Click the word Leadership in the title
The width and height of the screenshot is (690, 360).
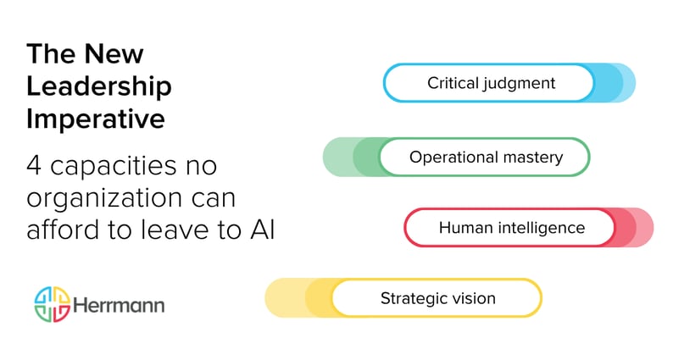99,86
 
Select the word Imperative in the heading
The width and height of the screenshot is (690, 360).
96,118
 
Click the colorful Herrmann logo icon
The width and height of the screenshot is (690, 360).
51,304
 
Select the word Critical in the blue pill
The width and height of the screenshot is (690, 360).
456,83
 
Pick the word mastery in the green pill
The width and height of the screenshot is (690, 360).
532,157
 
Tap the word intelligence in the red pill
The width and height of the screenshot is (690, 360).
537,228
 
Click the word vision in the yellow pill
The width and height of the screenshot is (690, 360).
473,298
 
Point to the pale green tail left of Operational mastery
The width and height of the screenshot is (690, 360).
337,157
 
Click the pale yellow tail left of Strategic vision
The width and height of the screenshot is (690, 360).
282,298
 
